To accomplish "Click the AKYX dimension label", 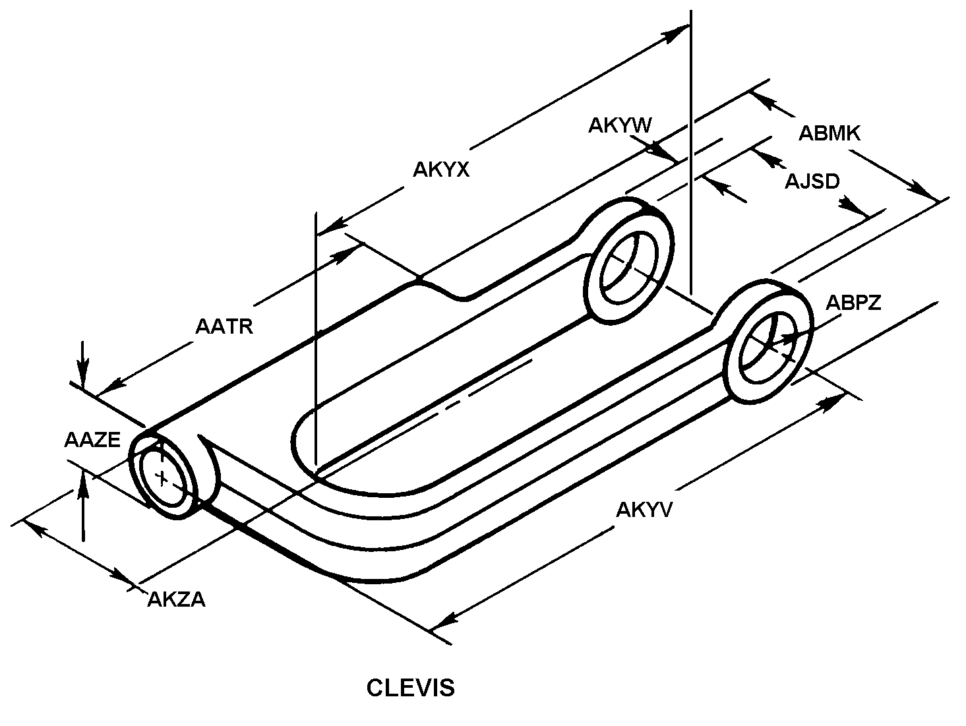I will coord(440,170).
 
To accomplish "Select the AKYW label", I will coord(620,125).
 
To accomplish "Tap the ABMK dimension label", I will coord(830,133).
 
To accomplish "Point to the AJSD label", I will coord(812,181).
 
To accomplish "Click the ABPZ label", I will coord(853,303).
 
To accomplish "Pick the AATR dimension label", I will coord(224,326).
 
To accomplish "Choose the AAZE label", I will coord(92,440).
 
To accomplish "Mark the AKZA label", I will coord(176,599).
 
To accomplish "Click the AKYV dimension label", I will coord(644,509).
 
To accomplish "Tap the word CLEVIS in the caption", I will coord(410,688).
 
